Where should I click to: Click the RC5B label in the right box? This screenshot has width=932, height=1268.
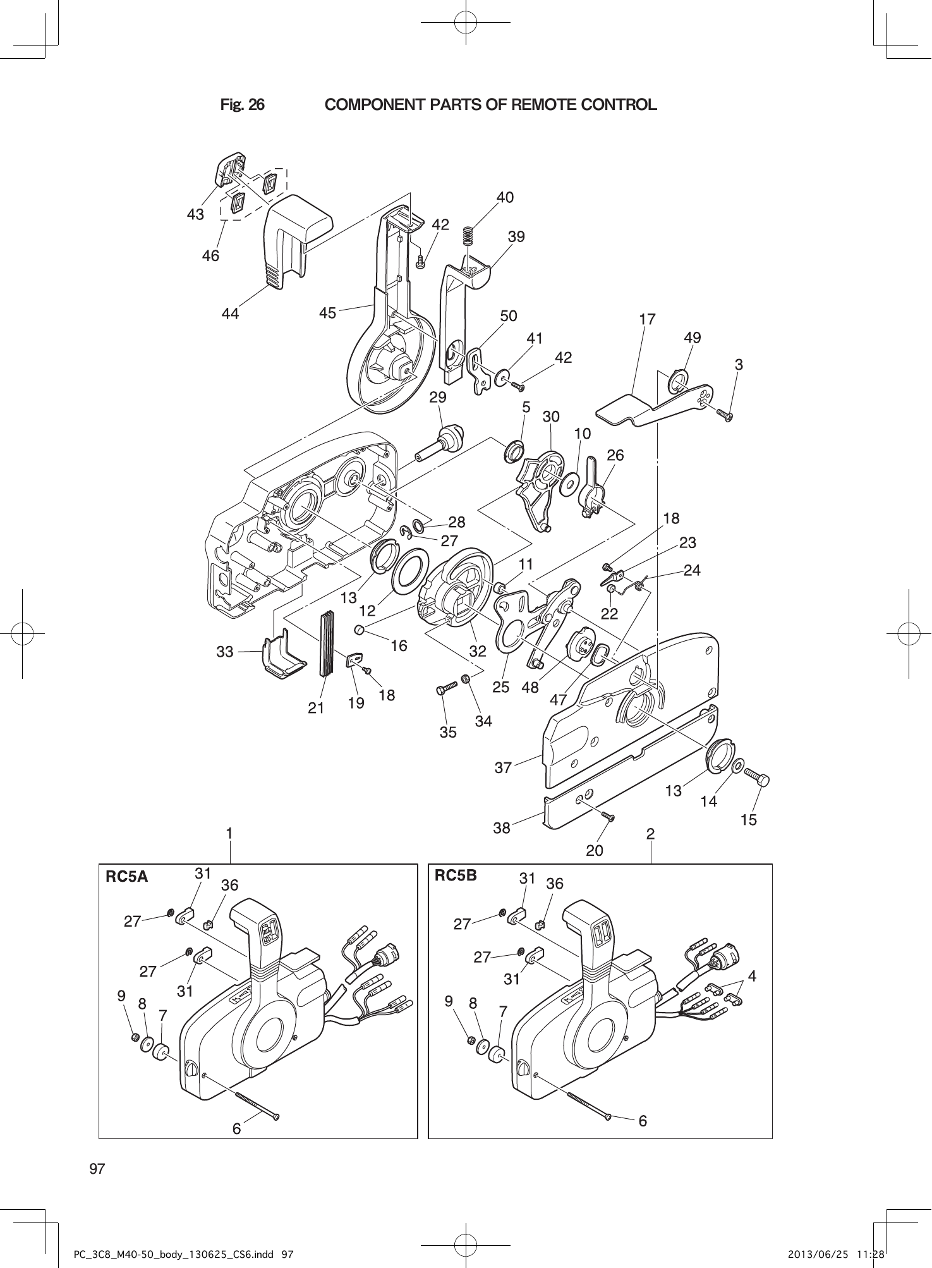tap(456, 875)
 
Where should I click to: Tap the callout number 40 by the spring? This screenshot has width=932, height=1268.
tap(505, 197)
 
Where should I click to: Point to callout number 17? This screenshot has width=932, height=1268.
tap(647, 319)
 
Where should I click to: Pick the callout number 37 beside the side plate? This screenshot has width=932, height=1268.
tap(503, 768)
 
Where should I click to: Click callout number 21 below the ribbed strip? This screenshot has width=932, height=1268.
tap(316, 709)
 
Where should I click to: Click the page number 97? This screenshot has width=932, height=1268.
tap(97, 1168)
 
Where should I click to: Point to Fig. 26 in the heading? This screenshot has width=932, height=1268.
tap(242, 104)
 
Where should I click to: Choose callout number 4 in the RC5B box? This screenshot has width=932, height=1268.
tap(751, 976)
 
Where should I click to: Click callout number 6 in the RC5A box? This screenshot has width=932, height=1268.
tap(236, 1128)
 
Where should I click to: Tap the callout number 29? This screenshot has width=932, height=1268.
tap(437, 397)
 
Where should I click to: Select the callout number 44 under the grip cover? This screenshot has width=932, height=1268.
tap(230, 313)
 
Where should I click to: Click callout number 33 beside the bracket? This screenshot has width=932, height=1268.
tap(225, 651)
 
